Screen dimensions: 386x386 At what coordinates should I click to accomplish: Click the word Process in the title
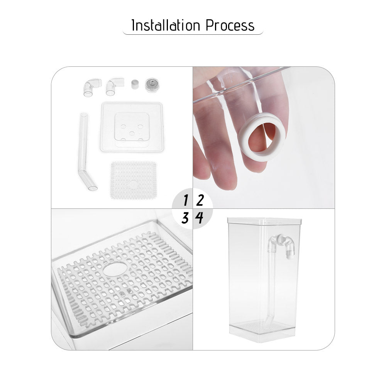pos(230,25)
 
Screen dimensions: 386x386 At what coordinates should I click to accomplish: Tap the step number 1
pos(186,201)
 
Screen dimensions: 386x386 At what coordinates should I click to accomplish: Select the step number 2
pos(199,201)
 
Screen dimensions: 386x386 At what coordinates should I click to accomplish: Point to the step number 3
pos(185,218)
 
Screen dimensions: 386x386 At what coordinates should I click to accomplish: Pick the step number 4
pos(199,218)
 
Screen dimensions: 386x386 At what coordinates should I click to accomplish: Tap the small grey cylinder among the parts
pos(135,84)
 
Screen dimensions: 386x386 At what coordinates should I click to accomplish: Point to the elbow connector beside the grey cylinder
pos(114,87)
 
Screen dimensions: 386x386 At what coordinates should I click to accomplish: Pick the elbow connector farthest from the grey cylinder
pos(91,87)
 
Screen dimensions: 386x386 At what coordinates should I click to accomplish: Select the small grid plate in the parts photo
pos(133,180)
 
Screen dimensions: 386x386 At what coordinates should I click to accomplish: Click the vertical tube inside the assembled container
pos(272,286)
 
